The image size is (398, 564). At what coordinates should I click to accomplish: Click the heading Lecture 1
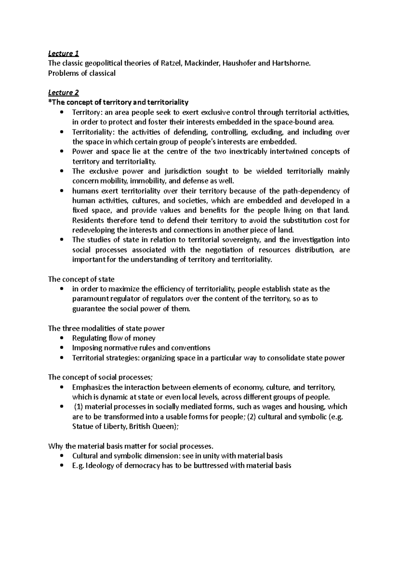[x=63, y=53]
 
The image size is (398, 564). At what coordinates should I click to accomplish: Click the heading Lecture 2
[x=63, y=93]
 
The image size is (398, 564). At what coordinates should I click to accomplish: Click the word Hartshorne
[x=292, y=63]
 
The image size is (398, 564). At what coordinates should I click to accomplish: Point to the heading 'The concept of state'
[x=81, y=279]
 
